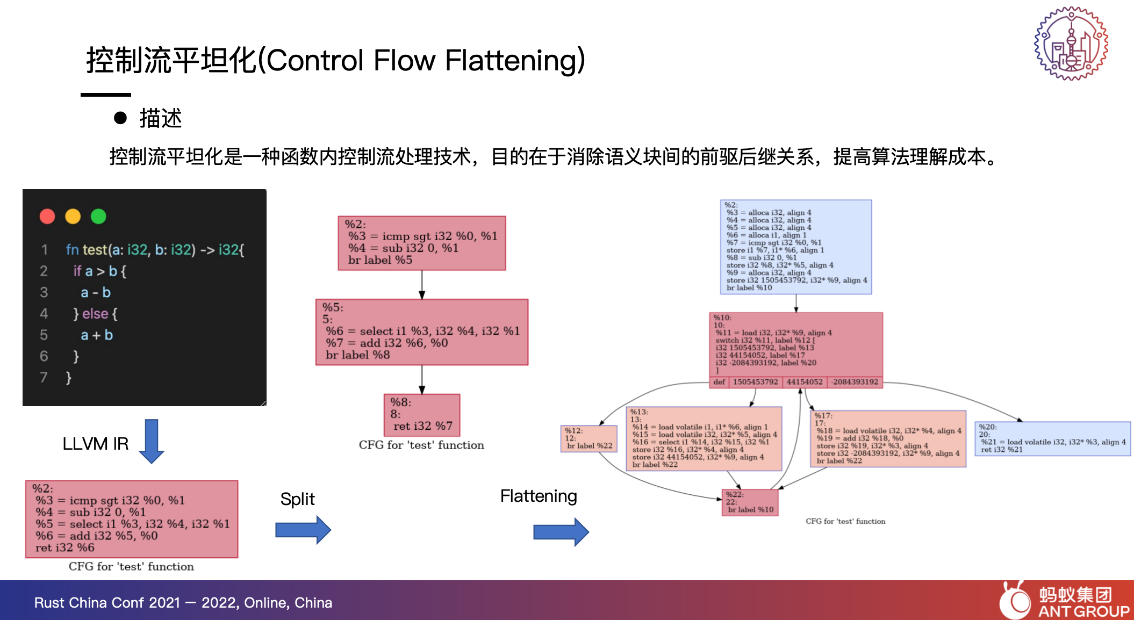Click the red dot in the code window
pos(47,217)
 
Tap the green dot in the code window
pos(98,217)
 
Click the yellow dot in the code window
pos(73,217)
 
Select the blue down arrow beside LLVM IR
pos(152,441)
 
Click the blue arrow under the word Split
pos(303,530)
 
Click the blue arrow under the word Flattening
pos(561,532)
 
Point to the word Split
pos(297,499)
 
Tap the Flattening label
pos(539,496)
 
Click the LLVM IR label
pos(96,444)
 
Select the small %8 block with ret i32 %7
pos(422,415)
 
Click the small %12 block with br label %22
pos(588,438)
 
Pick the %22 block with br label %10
pos(750,502)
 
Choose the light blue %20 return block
pos(1052,438)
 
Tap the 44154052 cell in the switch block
pos(805,382)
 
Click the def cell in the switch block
pos(719,382)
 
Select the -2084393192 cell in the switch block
pos(855,382)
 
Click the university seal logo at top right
pos(1071,44)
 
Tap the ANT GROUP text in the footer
pos(1083,611)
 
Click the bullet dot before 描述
pos(120,118)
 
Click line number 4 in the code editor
pos(44,314)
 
